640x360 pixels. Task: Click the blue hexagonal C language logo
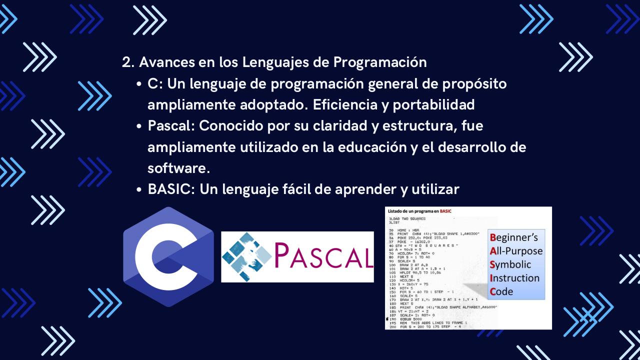[168, 256]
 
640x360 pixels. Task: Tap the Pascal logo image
[297, 256]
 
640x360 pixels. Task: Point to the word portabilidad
[434, 105]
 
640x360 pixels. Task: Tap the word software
[178, 168]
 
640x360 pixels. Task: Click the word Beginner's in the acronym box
[514, 237]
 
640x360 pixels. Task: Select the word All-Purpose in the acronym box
[516, 251]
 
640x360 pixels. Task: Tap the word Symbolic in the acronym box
[510, 264]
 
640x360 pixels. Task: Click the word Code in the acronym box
[501, 291]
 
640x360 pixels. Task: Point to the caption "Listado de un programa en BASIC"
[419, 211]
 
